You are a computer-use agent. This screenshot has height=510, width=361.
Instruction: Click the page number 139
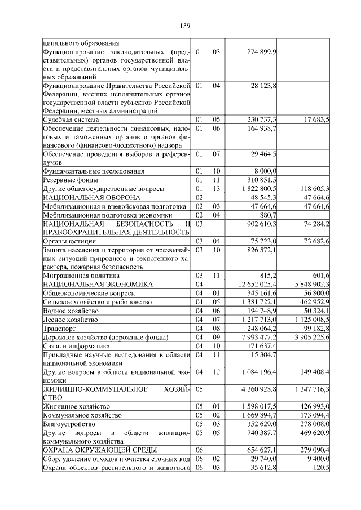pyautogui.click(x=185, y=26)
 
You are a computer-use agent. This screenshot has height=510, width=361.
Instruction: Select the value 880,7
pyautogui.click(x=267, y=215)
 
